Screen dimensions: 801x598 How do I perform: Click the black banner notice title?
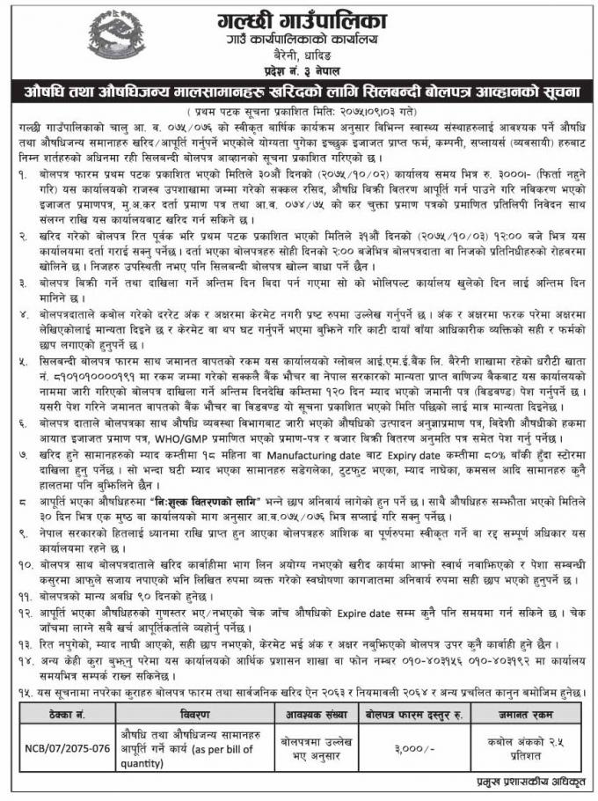tap(299, 91)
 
